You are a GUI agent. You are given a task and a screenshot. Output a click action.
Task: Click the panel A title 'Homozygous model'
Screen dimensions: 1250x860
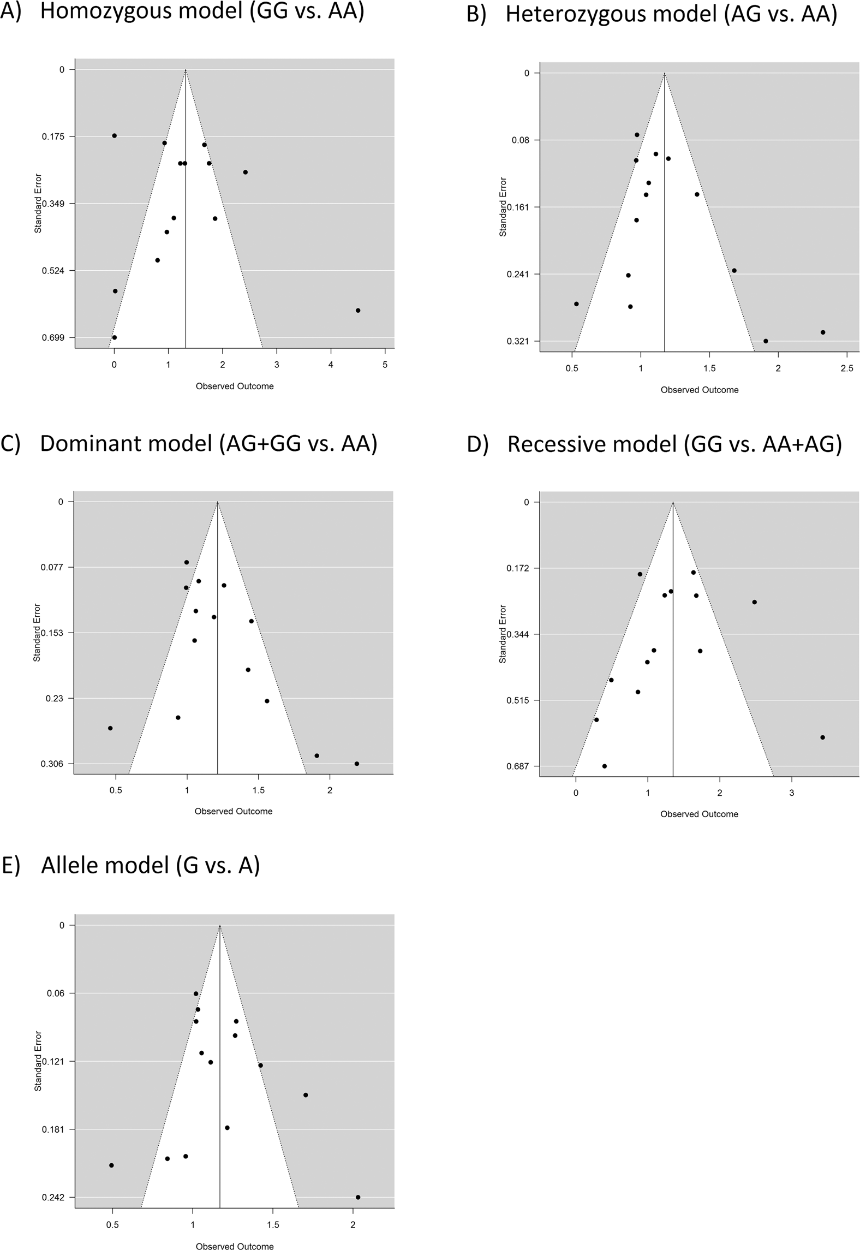click(202, 12)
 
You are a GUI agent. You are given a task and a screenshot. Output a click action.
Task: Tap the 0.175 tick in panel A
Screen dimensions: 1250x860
click(53, 136)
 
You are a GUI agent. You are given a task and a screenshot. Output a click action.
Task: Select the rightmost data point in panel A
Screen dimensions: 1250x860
click(358, 311)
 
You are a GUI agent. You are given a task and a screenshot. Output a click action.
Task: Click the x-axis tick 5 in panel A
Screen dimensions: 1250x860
click(385, 365)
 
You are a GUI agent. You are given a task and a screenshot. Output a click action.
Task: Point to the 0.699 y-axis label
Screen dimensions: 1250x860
click(53, 338)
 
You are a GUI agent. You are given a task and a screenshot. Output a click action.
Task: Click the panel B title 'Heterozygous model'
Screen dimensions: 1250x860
click(671, 14)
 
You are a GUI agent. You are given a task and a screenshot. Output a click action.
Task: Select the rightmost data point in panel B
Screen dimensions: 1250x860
click(823, 332)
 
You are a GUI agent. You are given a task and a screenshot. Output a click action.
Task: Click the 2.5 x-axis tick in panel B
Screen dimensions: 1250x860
click(847, 368)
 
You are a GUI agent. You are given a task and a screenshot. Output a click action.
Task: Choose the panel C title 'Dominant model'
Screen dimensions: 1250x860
click(208, 444)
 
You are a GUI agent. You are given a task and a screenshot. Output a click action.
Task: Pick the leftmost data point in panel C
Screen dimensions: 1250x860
click(110, 728)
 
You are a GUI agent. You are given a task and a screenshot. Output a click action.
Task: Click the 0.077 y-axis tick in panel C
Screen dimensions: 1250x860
click(53, 568)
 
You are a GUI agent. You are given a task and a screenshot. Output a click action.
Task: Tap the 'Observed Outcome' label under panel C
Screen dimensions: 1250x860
click(234, 811)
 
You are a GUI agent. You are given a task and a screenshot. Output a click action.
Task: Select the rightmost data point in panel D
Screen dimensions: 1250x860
click(823, 737)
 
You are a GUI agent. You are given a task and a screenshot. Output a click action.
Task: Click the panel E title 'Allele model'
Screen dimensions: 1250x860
click(151, 866)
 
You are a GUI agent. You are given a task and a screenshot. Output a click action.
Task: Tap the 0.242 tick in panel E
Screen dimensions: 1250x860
click(53, 1198)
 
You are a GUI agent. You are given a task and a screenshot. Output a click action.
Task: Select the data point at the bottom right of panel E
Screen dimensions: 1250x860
click(358, 1198)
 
